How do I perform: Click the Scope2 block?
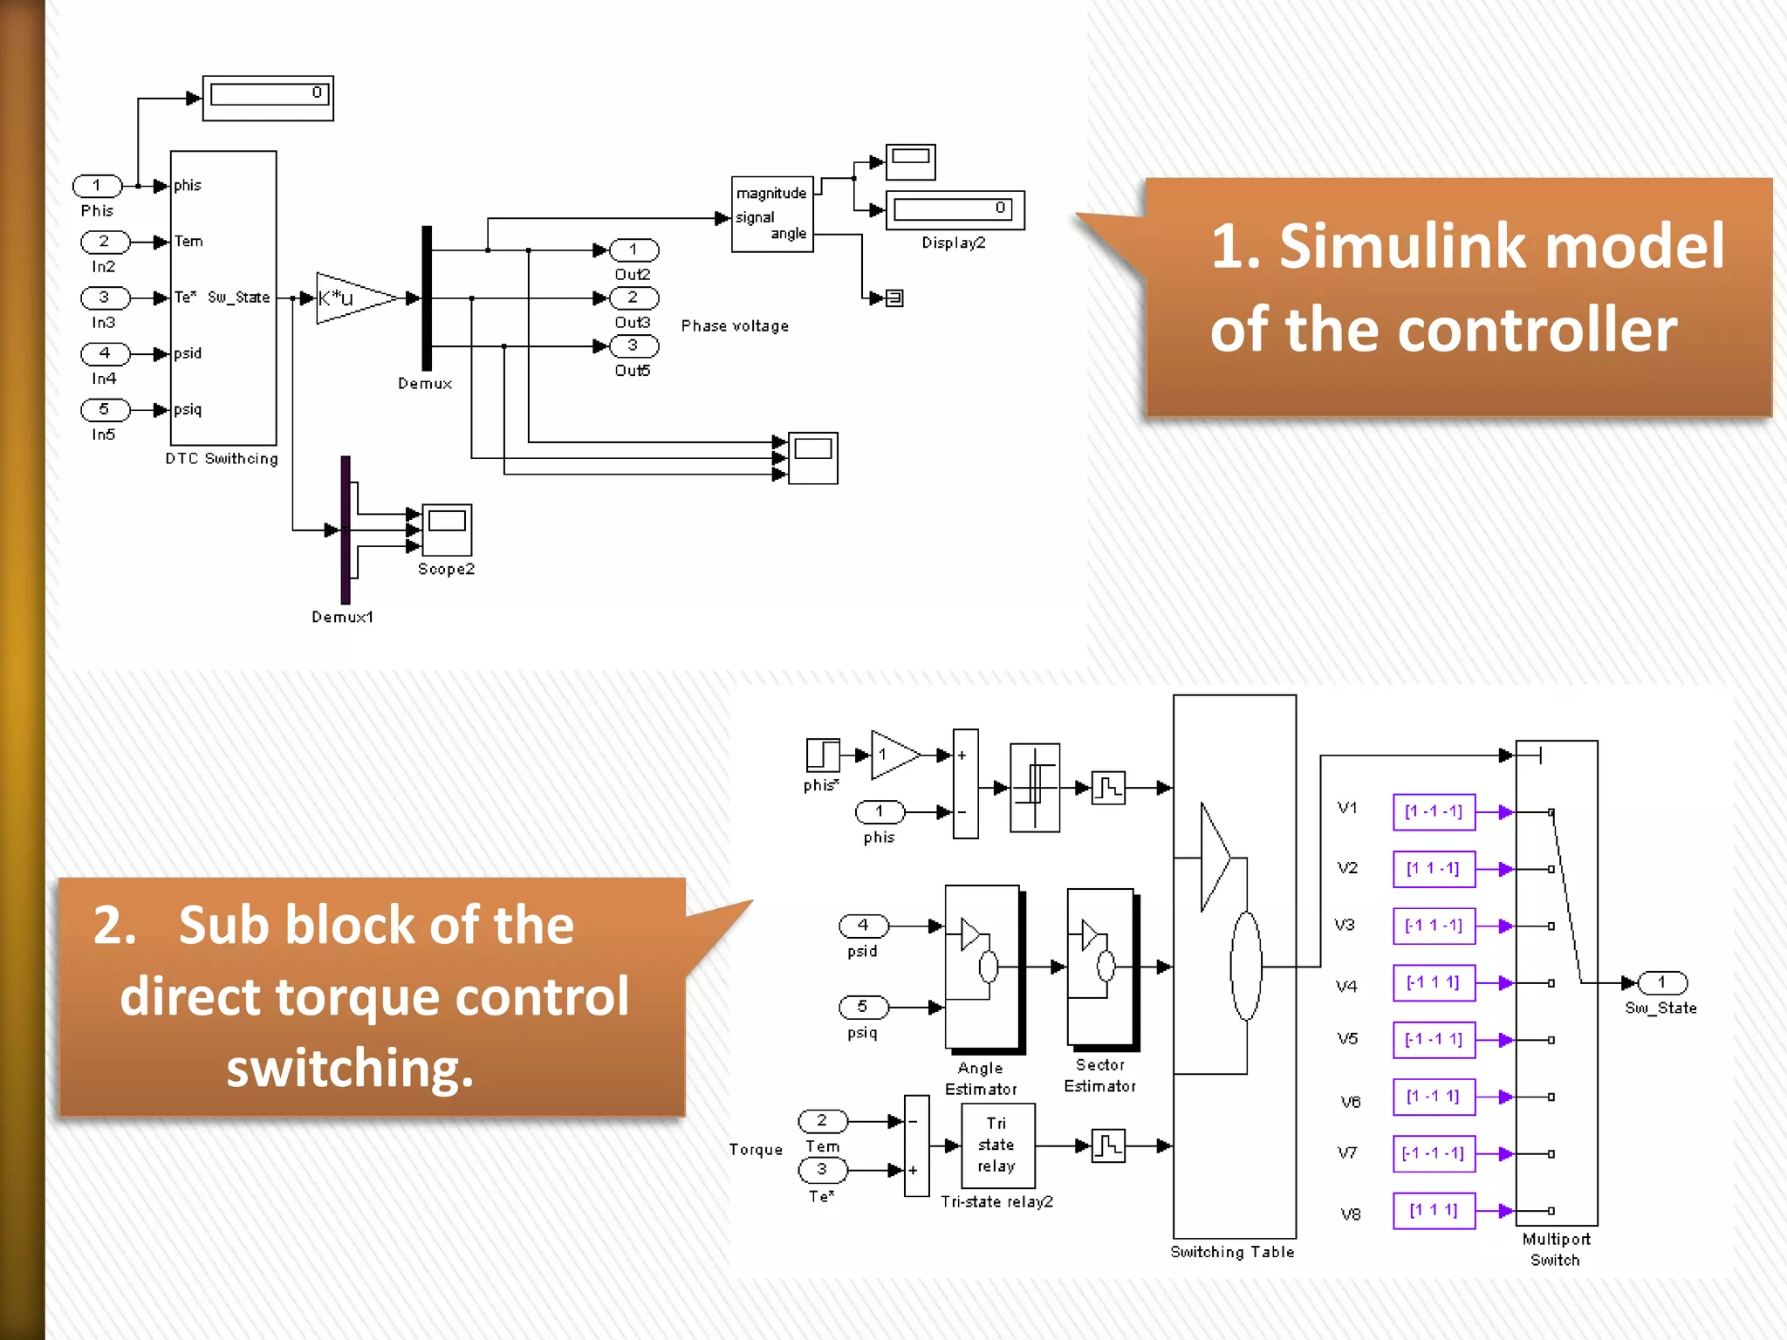(x=447, y=530)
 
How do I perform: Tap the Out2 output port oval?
(x=633, y=250)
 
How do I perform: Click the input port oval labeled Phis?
(x=97, y=186)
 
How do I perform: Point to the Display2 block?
(x=955, y=210)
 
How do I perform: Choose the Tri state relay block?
(x=997, y=1145)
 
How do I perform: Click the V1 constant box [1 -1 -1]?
(x=1434, y=812)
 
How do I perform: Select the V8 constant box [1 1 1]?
(x=1434, y=1211)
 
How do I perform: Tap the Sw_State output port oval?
(x=1662, y=983)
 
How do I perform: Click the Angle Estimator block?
(x=983, y=967)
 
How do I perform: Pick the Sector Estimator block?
(x=1100, y=967)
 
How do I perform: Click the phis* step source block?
(x=822, y=755)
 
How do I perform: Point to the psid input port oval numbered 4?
(x=863, y=926)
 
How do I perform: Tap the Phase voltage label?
(x=735, y=326)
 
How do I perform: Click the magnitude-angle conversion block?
(x=772, y=215)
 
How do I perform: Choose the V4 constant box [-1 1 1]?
(x=1434, y=983)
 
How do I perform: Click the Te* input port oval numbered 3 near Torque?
(x=822, y=1170)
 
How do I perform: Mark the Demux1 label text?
(x=343, y=618)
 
